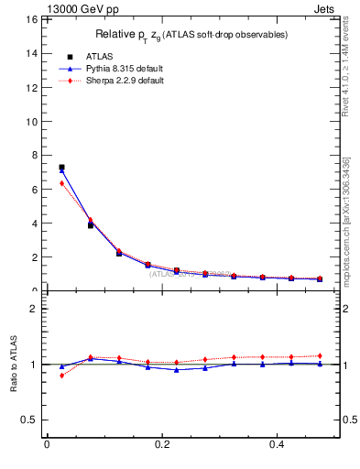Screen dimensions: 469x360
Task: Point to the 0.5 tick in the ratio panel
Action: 30,420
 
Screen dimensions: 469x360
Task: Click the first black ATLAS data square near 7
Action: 61,168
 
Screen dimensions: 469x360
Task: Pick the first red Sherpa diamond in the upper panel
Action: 61,183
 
